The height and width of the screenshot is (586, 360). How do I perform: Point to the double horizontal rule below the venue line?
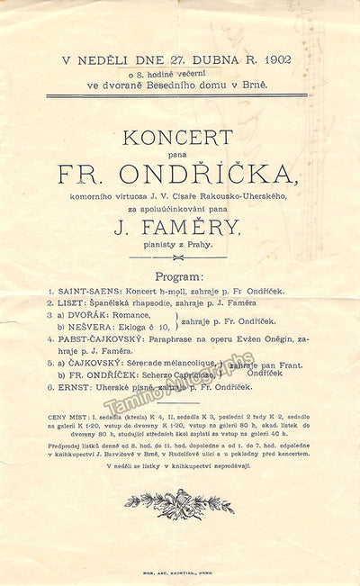(x=177, y=95)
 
